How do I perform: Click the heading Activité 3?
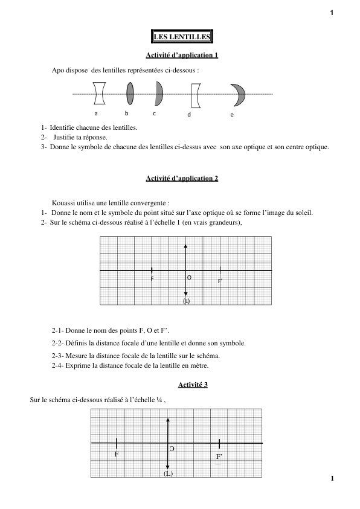[x=193, y=385]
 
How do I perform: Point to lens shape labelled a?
[x=100, y=94]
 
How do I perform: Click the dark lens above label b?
[x=130, y=94]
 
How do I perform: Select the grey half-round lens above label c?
[x=158, y=94]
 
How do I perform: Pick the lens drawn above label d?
[x=194, y=95]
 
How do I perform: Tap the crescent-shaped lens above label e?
[x=238, y=94]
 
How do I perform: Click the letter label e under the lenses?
[x=232, y=115]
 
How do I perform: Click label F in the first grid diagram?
[x=152, y=280]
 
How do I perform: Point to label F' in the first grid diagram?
[x=220, y=281]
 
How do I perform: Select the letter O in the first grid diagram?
[x=189, y=278]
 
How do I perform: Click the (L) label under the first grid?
[x=186, y=301]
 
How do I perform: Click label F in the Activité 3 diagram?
[x=117, y=453]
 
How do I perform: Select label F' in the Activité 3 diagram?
[x=220, y=457]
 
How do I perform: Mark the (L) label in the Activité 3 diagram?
[x=168, y=474]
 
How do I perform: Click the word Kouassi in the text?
[x=63, y=203]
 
